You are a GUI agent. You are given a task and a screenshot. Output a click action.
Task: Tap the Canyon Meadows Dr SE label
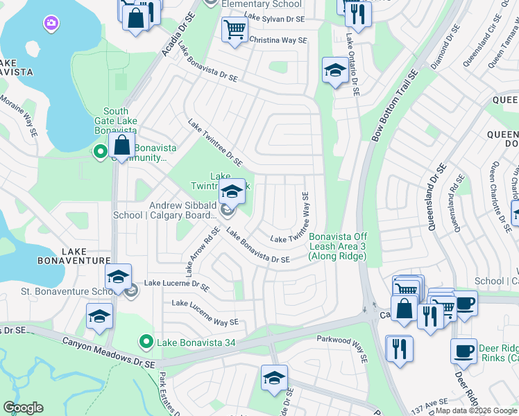(108, 352)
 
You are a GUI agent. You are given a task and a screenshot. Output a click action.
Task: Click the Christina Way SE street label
(278, 41)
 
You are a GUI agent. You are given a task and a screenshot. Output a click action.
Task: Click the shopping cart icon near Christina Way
(235, 30)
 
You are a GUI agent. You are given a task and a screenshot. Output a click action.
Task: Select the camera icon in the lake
(51, 25)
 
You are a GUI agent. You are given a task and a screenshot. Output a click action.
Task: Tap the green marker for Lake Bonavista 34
(146, 341)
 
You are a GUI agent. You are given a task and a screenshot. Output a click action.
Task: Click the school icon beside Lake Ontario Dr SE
(335, 70)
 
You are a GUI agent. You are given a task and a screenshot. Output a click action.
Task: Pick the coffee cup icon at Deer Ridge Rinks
(463, 351)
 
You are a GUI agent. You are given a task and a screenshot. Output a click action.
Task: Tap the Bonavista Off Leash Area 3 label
(337, 246)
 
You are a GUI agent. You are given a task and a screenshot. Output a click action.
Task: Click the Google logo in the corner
(23, 408)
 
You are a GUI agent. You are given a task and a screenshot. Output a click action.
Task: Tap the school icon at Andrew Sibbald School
(232, 191)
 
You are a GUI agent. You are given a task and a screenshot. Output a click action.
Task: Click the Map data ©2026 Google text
(476, 410)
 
